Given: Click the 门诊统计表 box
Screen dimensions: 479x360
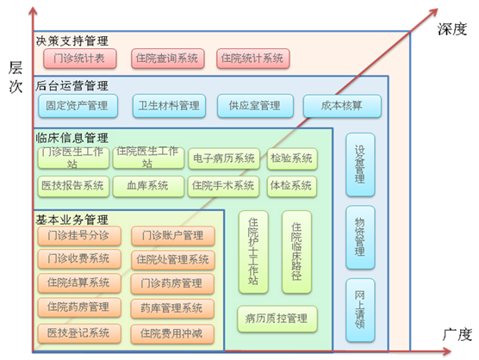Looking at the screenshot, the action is [x=80, y=59].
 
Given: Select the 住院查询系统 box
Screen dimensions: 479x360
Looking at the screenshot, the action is [x=168, y=59].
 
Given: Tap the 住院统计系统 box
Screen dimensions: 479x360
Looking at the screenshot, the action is [x=253, y=59].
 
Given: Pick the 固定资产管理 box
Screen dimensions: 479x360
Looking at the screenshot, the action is [x=78, y=106].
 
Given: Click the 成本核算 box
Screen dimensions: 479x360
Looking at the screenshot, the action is [x=342, y=106].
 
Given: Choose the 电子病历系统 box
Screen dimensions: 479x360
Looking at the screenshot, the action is [x=224, y=158].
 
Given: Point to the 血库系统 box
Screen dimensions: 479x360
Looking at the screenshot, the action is [x=148, y=186].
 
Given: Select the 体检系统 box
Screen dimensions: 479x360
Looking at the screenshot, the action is [x=292, y=186].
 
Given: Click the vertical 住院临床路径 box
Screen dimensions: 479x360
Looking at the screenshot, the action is [x=296, y=251].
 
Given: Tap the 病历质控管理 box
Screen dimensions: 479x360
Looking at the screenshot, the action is [x=277, y=319].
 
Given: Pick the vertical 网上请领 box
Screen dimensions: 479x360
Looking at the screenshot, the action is [x=360, y=310].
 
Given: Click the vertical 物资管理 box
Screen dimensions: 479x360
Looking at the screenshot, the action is [x=360, y=237].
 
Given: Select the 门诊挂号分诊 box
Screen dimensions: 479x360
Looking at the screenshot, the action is [x=79, y=235].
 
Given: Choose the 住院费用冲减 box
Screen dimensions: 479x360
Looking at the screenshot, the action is [x=172, y=334].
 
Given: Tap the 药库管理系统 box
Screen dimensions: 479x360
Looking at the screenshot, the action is [x=172, y=308].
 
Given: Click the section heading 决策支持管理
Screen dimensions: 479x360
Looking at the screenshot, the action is [x=72, y=41].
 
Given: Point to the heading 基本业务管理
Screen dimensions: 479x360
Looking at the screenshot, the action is [x=72, y=220].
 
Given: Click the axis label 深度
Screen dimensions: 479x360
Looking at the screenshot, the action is [x=451, y=29].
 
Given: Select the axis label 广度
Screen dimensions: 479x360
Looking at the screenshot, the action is [x=457, y=335].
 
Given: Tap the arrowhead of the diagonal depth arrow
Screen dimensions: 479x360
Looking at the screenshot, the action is [x=433, y=12].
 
